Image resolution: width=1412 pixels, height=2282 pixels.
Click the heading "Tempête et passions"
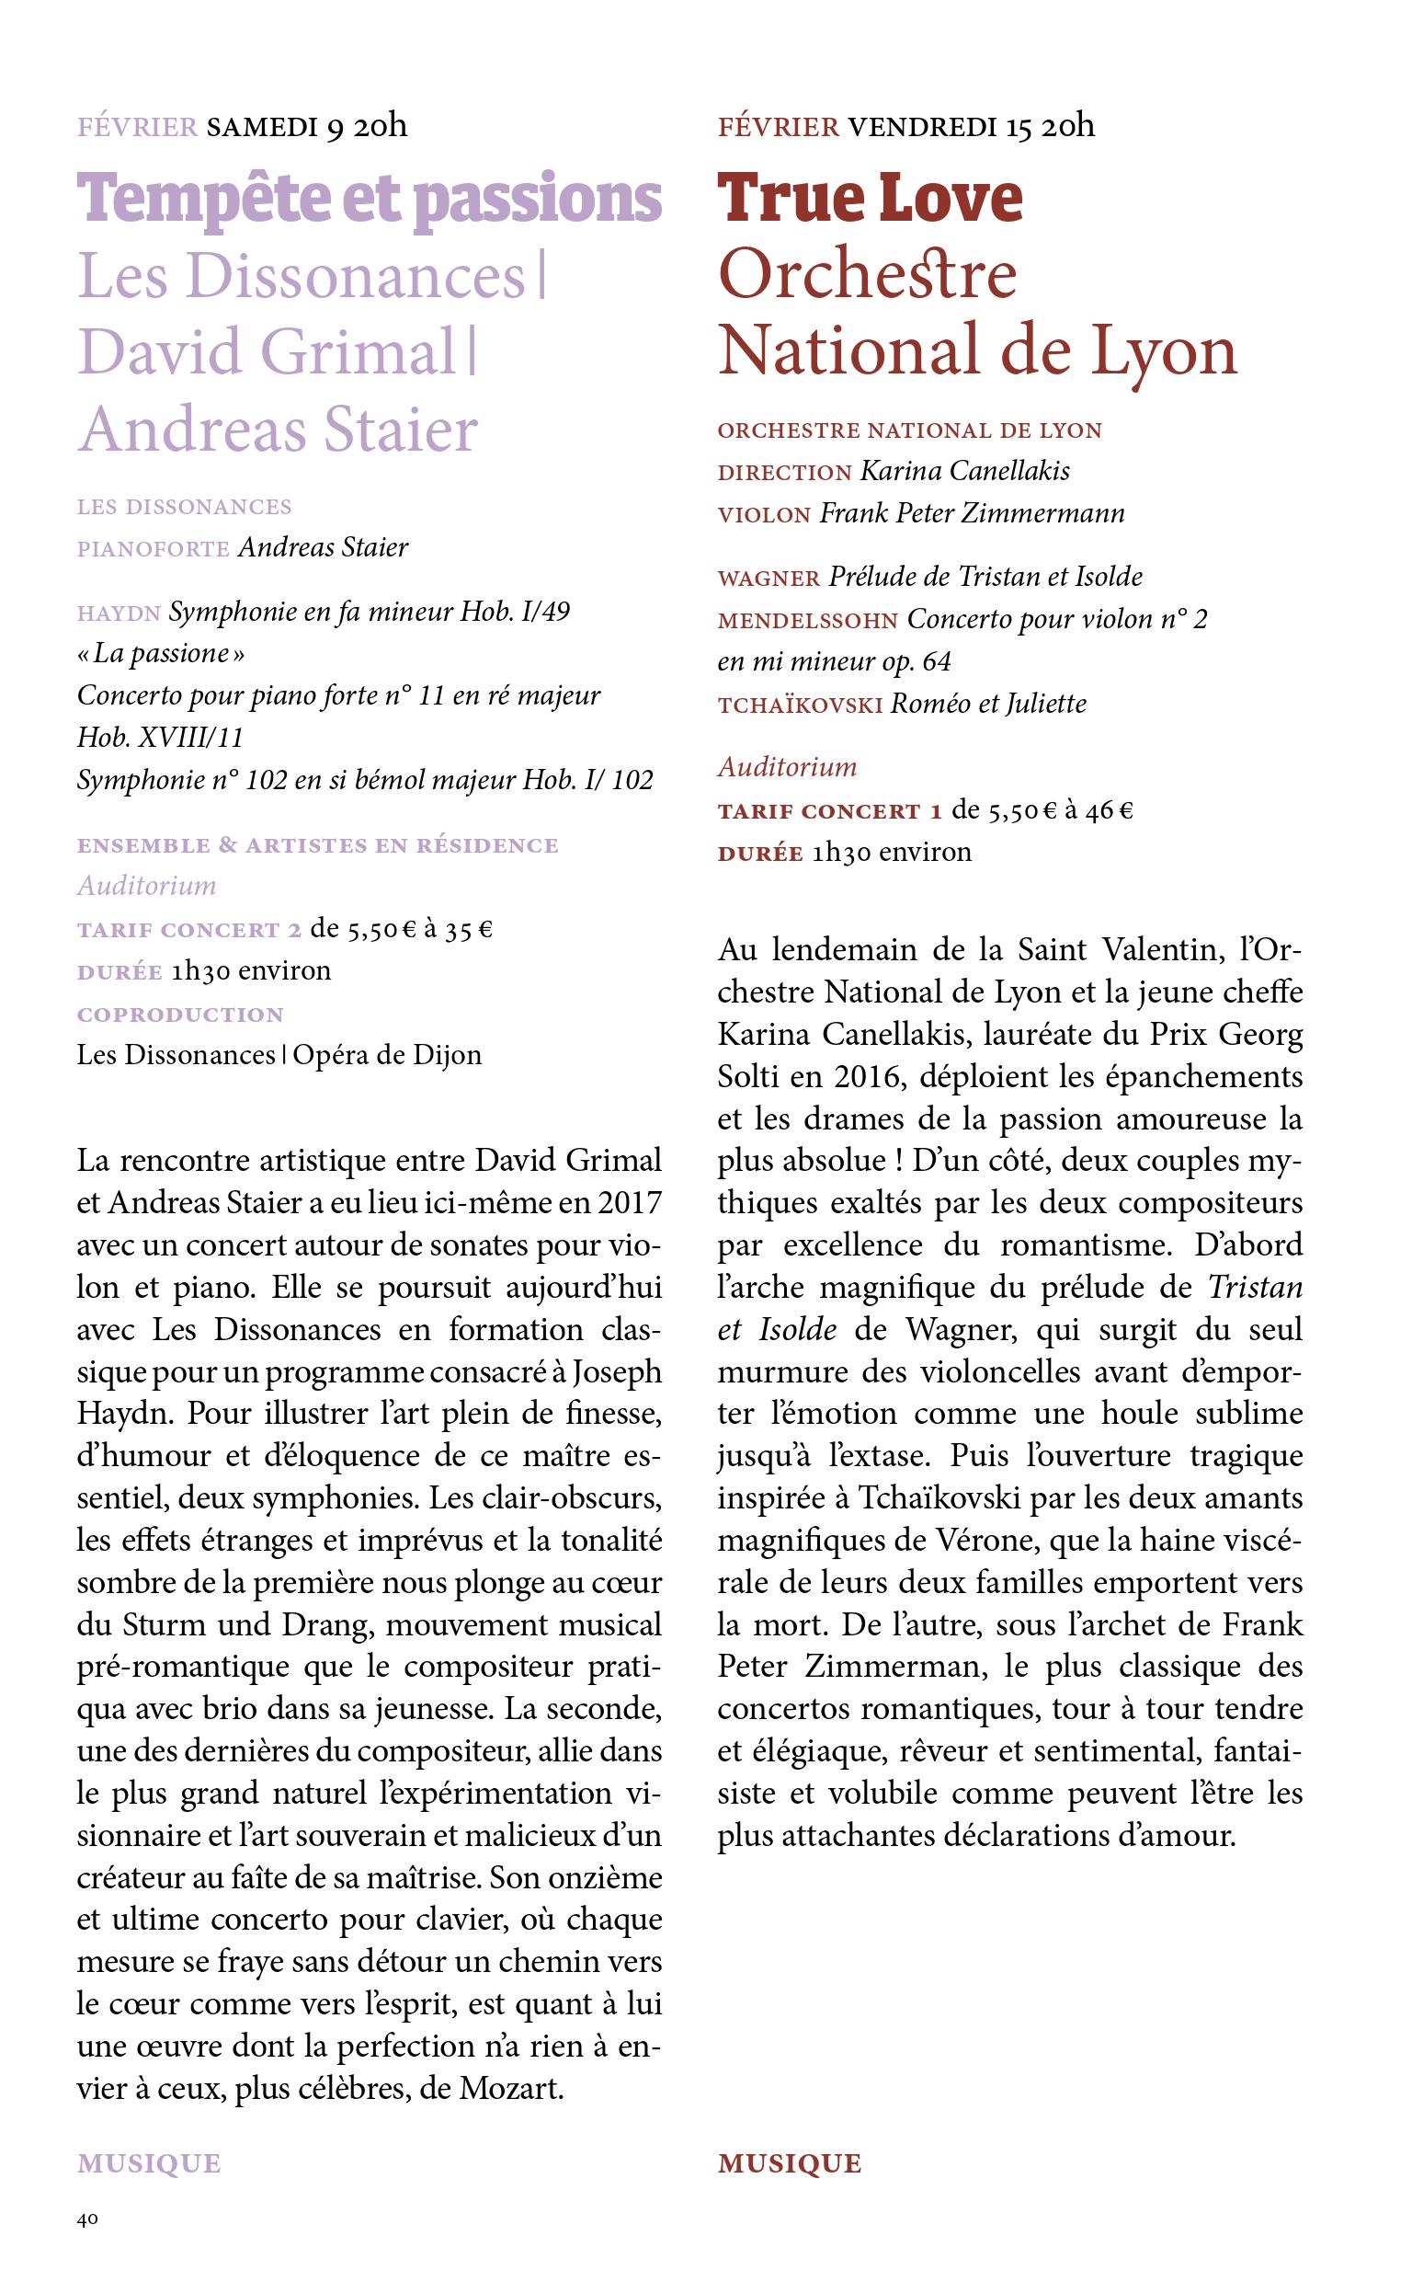(x=370, y=200)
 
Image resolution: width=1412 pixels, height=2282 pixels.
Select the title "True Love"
(x=870, y=198)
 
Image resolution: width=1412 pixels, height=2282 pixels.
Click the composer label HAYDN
(x=119, y=614)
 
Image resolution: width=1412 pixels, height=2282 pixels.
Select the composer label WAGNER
(x=769, y=579)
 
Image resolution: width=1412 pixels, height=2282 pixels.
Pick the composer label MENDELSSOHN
(x=808, y=620)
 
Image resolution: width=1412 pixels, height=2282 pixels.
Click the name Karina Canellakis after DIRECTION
(x=963, y=471)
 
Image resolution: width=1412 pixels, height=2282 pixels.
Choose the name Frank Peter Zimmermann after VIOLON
(x=973, y=513)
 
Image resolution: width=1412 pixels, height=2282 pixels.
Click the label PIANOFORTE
(x=154, y=548)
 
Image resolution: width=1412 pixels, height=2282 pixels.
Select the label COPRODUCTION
(x=180, y=1015)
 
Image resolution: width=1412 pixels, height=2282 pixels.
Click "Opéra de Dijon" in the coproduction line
(x=388, y=1056)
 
